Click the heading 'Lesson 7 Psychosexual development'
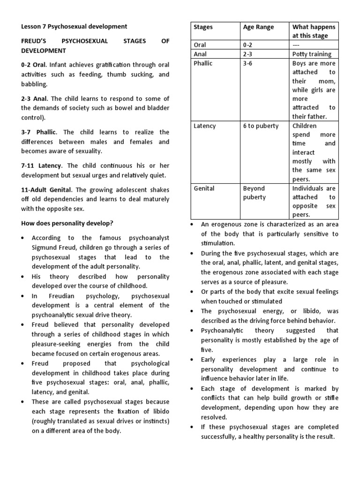coord(74,27)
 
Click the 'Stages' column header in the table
coord(203,27)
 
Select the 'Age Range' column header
coord(258,27)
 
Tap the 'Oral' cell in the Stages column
coord(200,45)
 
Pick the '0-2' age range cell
coord(247,45)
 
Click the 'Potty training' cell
coord(311,54)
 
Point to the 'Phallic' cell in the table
coord(203,63)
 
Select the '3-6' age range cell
coord(247,63)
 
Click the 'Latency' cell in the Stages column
coord(204,126)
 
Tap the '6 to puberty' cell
coord(261,126)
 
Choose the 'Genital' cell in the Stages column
coord(204,188)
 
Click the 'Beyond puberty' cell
coord(255,193)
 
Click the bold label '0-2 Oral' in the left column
coord(34,65)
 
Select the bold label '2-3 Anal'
coord(35,98)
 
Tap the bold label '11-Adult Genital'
coord(46,190)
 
